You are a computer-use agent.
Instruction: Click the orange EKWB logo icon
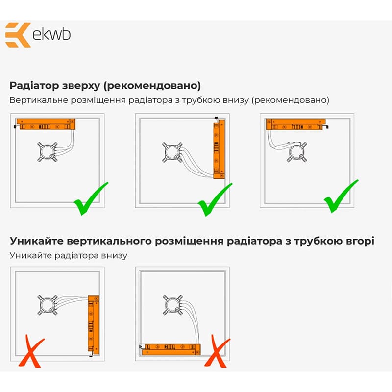(x=18, y=35)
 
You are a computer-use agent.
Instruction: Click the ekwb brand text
(x=51, y=34)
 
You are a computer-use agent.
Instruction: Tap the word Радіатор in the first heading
(x=34, y=86)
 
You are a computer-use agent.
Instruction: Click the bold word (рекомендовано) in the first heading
(x=152, y=86)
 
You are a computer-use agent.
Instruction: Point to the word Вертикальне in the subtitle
(x=39, y=100)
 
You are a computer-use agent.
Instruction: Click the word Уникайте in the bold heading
(x=37, y=241)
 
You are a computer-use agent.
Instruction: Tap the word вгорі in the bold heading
(x=359, y=241)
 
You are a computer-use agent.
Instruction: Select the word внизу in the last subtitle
(x=114, y=256)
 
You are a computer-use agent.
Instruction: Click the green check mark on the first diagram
(x=91, y=198)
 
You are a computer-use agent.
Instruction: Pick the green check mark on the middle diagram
(x=215, y=199)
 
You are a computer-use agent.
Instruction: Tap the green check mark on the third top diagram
(x=341, y=196)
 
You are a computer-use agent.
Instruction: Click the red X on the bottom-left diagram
(x=31, y=351)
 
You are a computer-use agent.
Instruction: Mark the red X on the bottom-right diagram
(x=217, y=351)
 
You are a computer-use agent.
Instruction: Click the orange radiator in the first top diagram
(x=46, y=124)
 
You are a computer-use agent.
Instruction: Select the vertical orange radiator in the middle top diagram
(x=219, y=149)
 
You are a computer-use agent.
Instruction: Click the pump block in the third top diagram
(x=297, y=152)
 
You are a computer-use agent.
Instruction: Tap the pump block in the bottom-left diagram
(x=48, y=305)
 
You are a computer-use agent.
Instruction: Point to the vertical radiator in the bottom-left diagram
(x=94, y=325)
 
